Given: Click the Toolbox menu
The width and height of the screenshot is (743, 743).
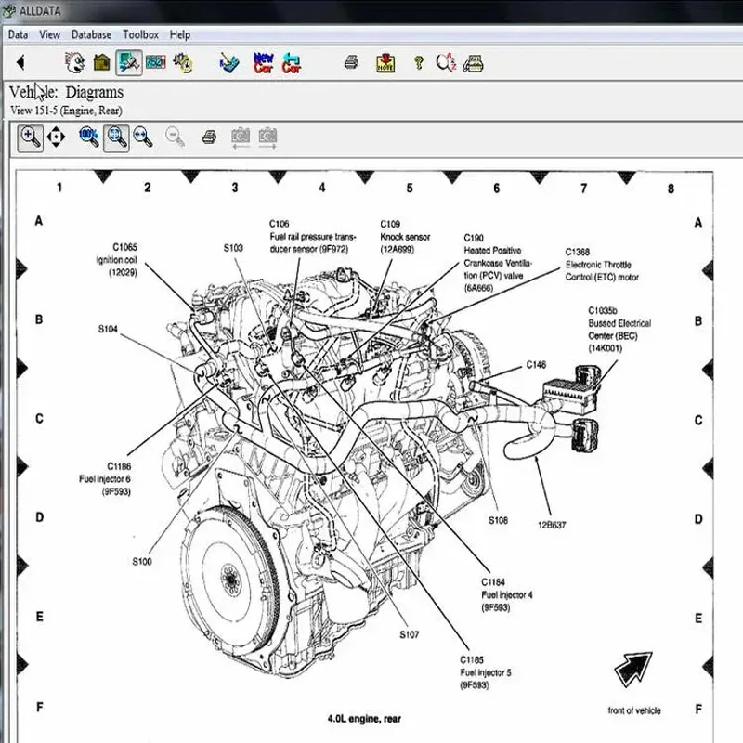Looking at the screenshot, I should pos(140,34).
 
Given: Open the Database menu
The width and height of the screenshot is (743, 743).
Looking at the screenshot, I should pos(91,34).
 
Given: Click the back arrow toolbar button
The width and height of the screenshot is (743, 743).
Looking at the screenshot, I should pos(20,63).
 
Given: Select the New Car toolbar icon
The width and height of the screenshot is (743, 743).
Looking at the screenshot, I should pos(264,63).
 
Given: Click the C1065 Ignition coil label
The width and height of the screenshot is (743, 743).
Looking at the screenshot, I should pos(124,259).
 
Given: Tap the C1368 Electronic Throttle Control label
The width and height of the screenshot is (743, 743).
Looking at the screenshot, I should pos(602,265).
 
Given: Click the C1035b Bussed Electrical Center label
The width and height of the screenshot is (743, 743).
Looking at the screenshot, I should pos(619,329).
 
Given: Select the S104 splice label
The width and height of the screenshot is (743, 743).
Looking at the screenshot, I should pos(108,330).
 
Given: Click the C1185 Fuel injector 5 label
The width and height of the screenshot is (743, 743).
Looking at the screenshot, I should pos(484,673).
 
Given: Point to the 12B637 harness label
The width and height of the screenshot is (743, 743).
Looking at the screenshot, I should pos(550,525).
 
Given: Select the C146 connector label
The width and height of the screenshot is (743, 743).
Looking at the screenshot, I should pos(536,365).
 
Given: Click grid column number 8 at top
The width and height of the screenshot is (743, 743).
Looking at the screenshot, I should pos(671,189).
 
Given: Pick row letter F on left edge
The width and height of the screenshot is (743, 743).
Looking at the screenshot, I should pos(39,708).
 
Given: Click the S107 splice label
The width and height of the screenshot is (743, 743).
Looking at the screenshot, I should pos(410,635).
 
